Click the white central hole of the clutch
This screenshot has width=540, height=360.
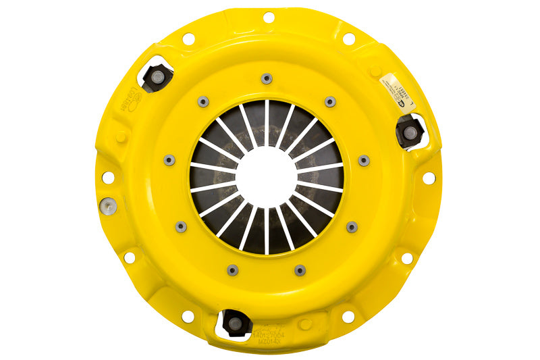[267, 177]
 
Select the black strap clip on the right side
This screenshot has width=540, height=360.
[410, 132]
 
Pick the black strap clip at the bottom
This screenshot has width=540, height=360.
[235, 323]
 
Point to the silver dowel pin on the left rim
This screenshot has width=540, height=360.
[106, 205]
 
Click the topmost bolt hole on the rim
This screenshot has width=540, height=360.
[268, 17]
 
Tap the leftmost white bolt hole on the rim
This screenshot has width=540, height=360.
[107, 177]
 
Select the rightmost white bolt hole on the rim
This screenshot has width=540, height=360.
[429, 178]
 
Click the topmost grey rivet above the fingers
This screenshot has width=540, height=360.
[267, 78]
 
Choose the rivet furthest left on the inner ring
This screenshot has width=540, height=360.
[169, 160]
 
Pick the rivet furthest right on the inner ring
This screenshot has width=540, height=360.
[364, 160]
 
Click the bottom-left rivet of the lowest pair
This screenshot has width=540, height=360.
[232, 269]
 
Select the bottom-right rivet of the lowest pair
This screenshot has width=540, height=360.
[300, 269]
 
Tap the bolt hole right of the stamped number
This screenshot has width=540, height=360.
[348, 316]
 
